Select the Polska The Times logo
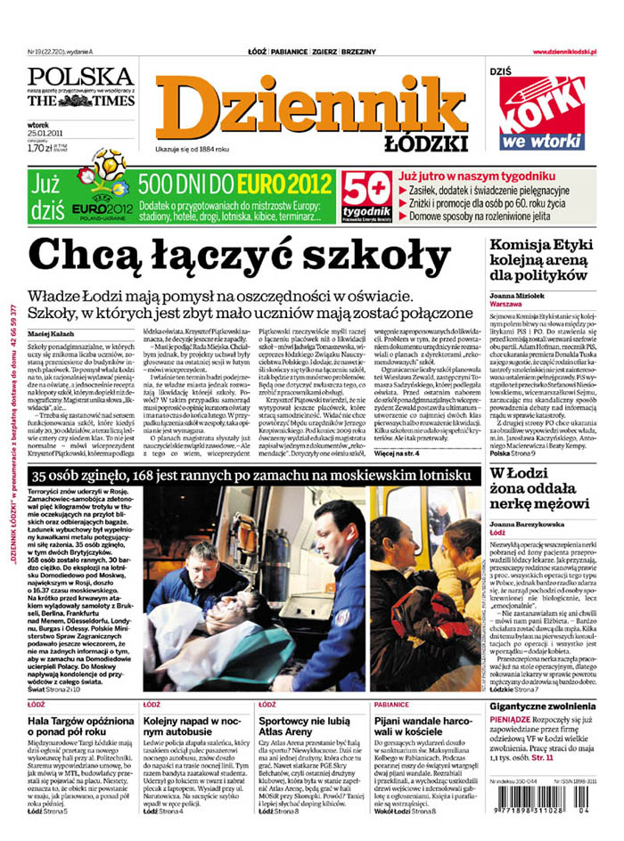[x=80, y=87]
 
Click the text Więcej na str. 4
[x=402, y=453]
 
